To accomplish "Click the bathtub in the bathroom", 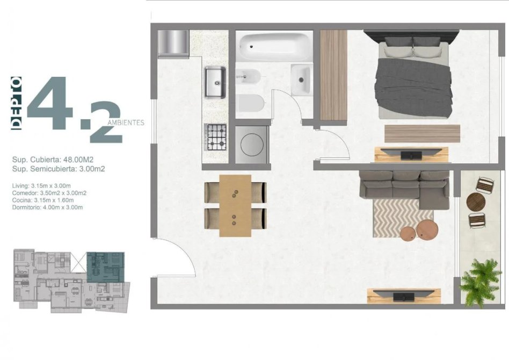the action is click(x=274, y=46).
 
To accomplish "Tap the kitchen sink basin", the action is click(x=215, y=82).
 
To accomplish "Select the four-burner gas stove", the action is click(x=215, y=137).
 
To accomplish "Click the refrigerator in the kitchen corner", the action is click(x=173, y=44).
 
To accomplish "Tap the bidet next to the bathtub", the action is click(x=248, y=77).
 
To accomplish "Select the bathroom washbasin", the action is click(x=302, y=80).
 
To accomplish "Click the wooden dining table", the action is click(x=235, y=206).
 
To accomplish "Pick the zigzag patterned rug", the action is click(x=403, y=218).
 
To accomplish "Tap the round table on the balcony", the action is click(x=476, y=202).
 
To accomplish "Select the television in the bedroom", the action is click(x=411, y=154).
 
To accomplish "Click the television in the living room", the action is click(x=404, y=296).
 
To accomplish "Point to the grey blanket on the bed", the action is click(x=413, y=87).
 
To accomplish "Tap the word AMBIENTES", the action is click(x=126, y=123).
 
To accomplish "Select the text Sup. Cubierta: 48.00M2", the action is click(x=53, y=160).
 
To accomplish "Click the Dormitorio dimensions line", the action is click(x=47, y=207).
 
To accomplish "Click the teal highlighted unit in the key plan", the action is click(x=105, y=267).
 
